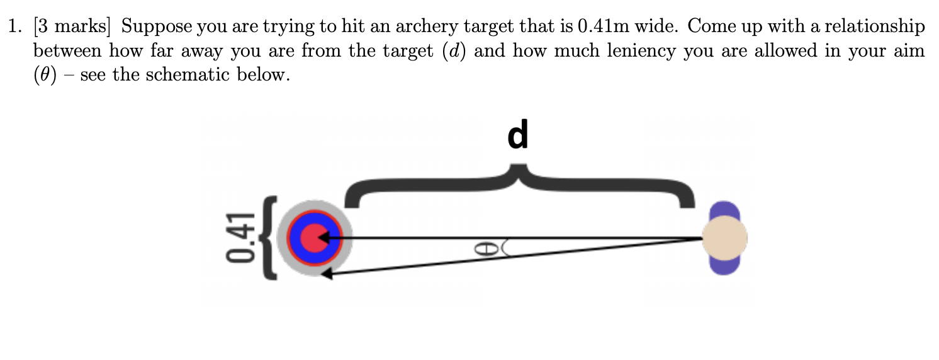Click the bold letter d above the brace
point(517,136)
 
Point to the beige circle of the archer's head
point(724,239)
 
